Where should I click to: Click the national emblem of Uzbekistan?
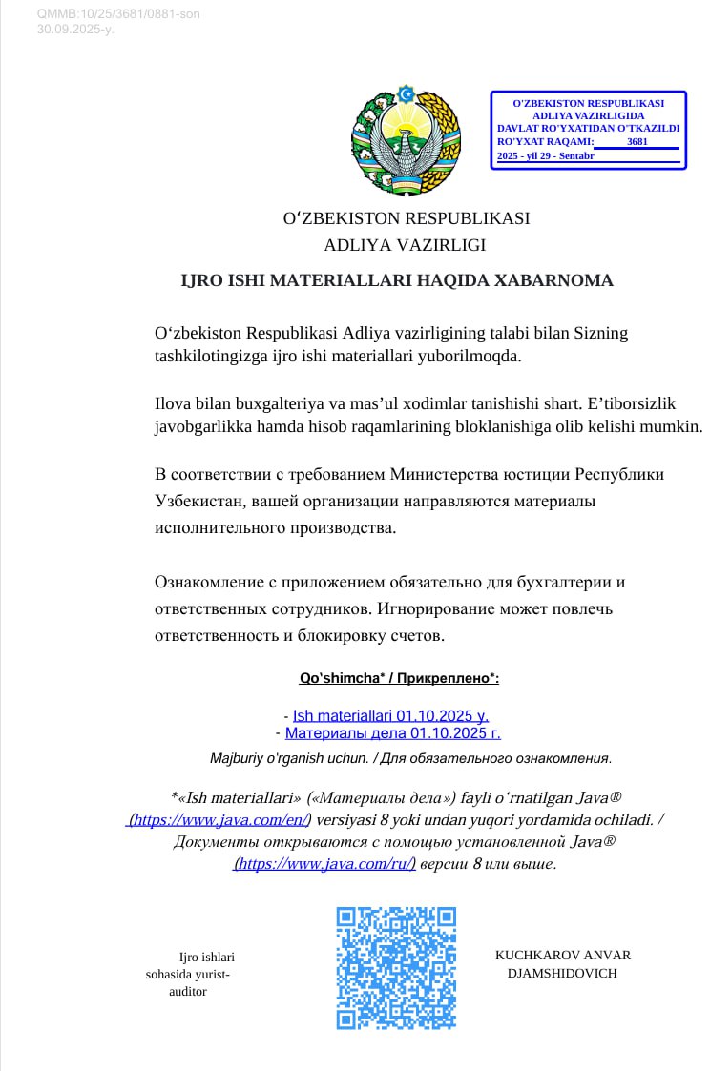point(406,139)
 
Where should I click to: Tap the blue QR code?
point(396,967)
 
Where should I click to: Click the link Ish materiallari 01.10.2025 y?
point(391,715)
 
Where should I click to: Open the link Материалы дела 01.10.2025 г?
point(392,733)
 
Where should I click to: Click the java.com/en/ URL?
point(219,819)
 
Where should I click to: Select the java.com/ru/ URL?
point(324,864)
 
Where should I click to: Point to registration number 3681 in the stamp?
point(637,142)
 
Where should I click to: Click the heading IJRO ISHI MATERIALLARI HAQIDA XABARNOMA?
point(397,281)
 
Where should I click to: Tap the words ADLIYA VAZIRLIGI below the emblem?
point(405,245)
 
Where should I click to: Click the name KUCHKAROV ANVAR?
point(563,955)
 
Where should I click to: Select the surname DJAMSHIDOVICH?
point(563,974)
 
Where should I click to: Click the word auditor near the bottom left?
point(187,992)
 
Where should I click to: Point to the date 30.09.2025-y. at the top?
point(75,30)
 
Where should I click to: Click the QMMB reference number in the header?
point(118,14)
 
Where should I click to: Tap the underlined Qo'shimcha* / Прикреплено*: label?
point(399,678)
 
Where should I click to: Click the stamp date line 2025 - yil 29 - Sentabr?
point(546,155)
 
